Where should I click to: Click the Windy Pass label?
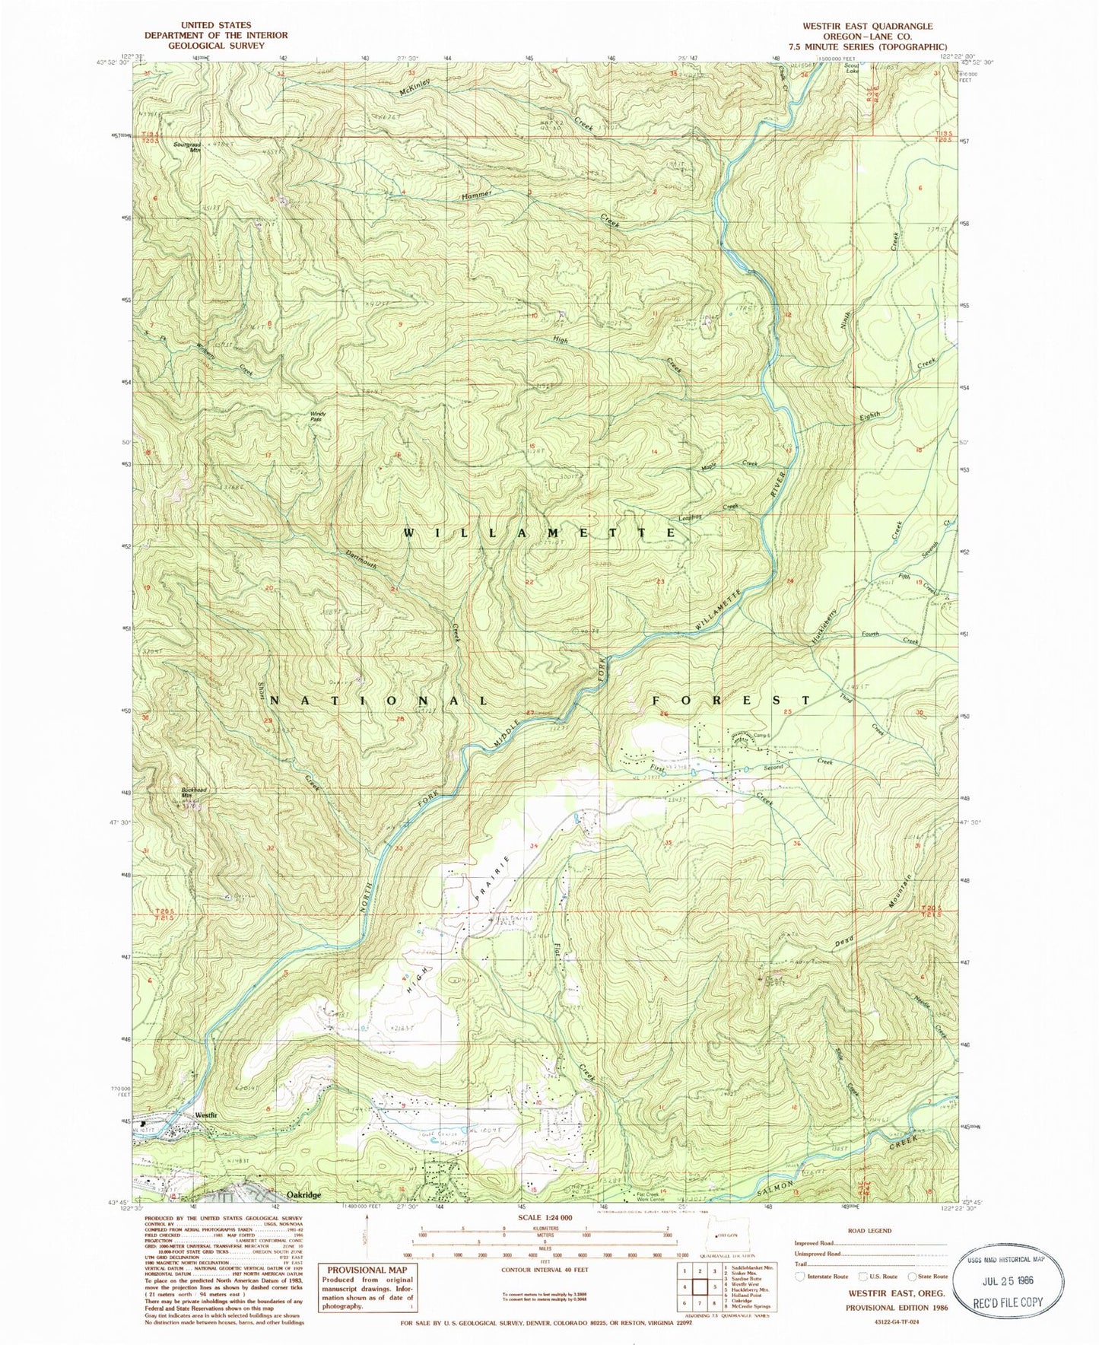coord(317,416)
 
